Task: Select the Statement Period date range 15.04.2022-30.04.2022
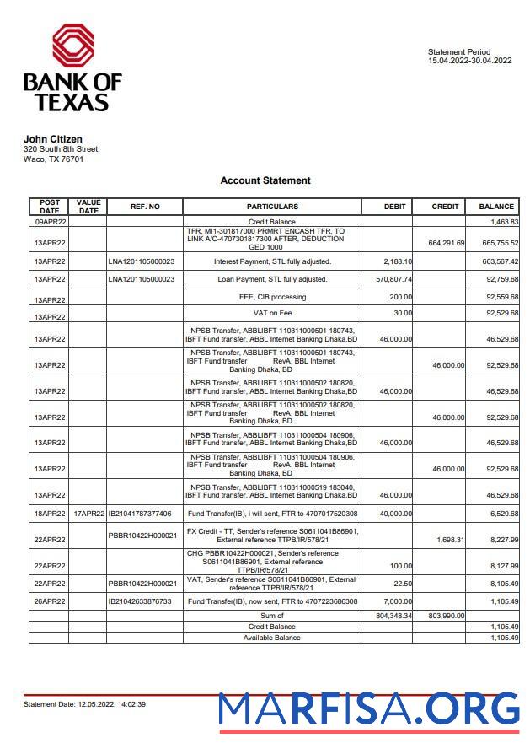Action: point(469,61)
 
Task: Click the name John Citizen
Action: point(52,139)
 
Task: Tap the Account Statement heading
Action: point(265,180)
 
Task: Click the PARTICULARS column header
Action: point(272,207)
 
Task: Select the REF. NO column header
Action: point(145,207)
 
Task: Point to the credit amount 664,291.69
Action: point(446,243)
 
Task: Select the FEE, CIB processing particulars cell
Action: point(272,297)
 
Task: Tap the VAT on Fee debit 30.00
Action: point(401,314)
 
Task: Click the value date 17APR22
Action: point(88,514)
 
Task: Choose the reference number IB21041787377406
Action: point(140,514)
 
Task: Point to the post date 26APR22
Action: point(50,601)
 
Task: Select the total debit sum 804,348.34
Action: point(392,617)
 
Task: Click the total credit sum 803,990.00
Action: point(446,617)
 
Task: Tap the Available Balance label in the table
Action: point(272,638)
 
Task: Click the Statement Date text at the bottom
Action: point(84,704)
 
